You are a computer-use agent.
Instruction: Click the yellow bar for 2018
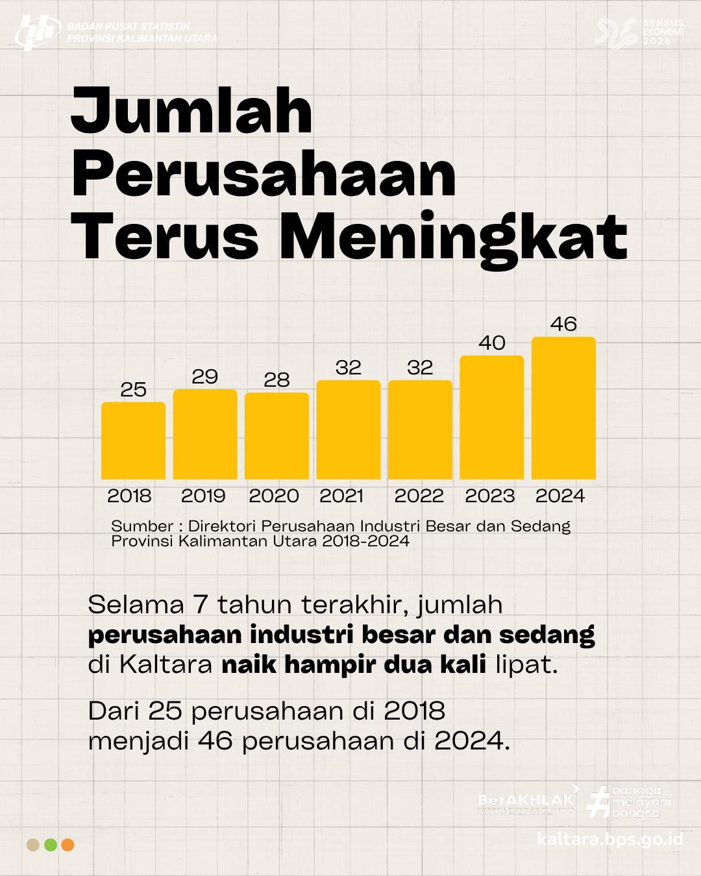133,441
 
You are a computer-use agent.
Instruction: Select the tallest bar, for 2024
563,408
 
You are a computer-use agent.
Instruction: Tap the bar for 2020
277,436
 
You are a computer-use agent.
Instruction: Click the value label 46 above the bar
563,324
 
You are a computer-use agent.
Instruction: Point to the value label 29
204,376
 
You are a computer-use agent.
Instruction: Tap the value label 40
491,343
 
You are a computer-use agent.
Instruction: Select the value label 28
277,380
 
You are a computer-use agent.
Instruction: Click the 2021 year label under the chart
341,496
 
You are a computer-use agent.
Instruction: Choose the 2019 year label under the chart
203,496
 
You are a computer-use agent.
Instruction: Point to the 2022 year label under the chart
419,496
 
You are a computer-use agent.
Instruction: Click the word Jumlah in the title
191,112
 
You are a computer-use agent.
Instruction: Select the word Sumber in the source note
142,526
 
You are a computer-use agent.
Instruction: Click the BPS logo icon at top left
37,32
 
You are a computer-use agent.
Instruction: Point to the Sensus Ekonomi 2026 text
663,32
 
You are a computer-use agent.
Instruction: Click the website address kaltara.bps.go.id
609,839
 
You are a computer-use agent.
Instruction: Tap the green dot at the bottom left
51,845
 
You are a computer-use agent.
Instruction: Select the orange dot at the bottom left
68,845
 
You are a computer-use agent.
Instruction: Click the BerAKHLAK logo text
526,800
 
